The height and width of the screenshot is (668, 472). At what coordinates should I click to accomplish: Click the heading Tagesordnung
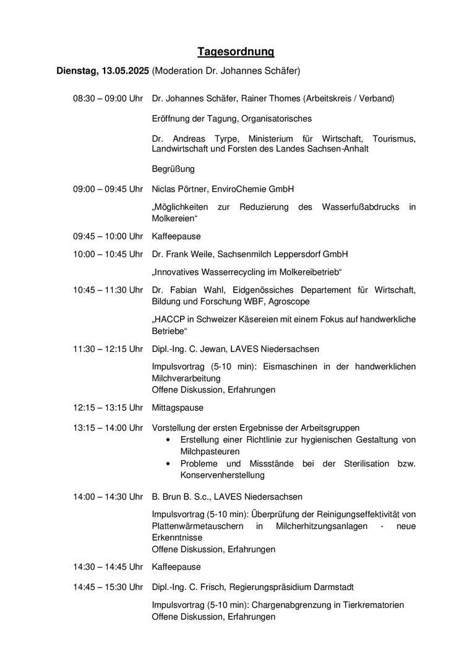click(236, 51)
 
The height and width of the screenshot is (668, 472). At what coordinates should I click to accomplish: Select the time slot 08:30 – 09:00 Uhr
click(108, 98)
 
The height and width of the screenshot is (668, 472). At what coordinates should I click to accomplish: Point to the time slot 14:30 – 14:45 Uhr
click(108, 567)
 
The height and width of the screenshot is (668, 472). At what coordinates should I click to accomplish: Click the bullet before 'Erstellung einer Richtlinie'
click(168, 440)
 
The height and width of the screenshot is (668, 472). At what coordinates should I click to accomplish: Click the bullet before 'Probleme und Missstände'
click(168, 464)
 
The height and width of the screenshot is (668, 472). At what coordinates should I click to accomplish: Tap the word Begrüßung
click(173, 168)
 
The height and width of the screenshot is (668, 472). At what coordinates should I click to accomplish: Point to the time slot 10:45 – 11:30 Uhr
click(108, 290)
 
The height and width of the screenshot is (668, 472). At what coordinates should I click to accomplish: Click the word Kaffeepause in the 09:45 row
click(176, 236)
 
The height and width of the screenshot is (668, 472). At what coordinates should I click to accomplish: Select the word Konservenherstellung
click(222, 475)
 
